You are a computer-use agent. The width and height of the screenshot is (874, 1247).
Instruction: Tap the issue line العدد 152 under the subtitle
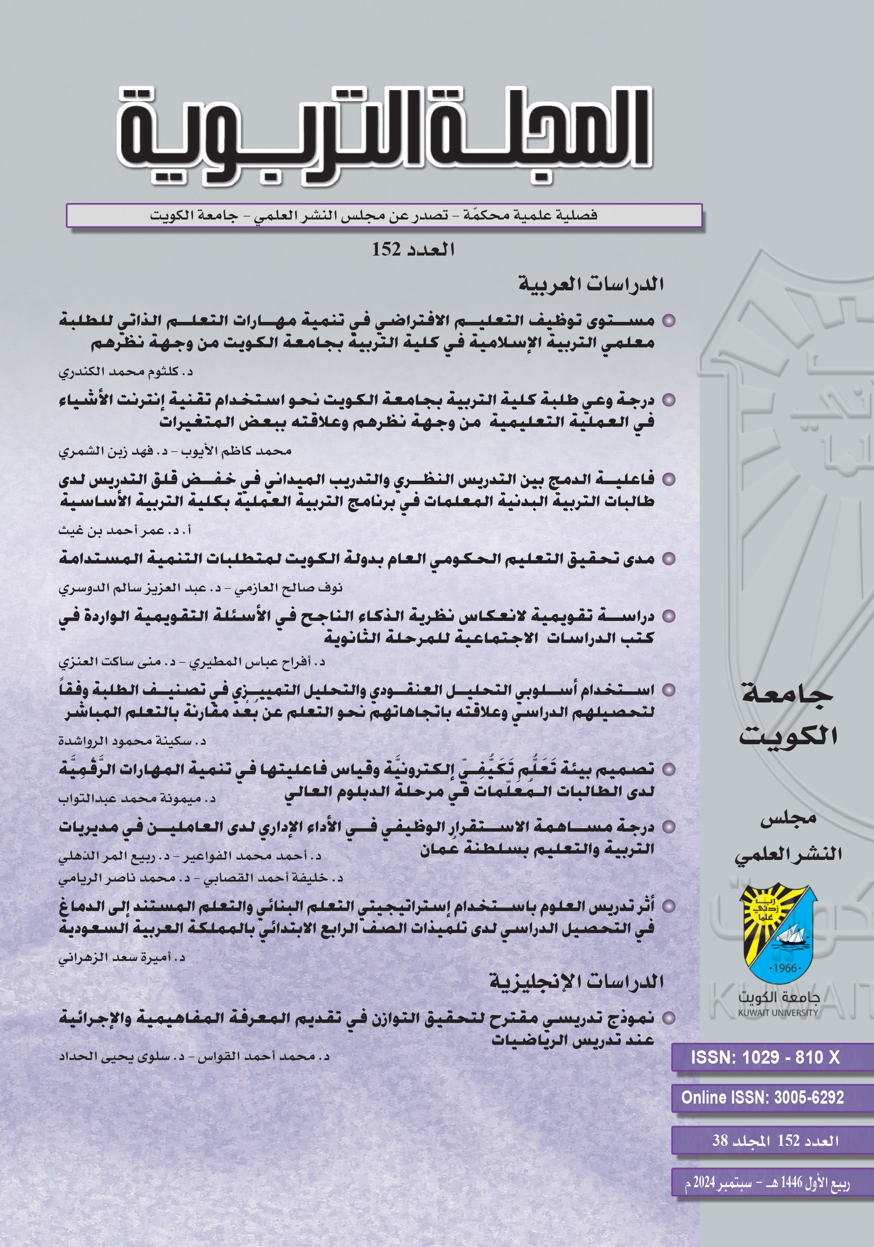[x=413, y=250]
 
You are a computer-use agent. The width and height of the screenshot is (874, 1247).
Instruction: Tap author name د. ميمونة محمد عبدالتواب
[x=137, y=798]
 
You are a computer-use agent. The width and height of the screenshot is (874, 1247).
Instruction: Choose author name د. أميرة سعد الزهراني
[x=122, y=958]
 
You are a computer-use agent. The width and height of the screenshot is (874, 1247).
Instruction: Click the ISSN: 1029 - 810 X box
[x=765, y=1057]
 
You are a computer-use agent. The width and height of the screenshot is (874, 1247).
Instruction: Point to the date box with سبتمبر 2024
[x=767, y=1182]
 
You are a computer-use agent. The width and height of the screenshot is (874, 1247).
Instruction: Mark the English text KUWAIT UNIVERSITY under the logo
[x=777, y=1013]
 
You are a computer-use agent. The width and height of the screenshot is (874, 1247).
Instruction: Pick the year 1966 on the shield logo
[x=785, y=968]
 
